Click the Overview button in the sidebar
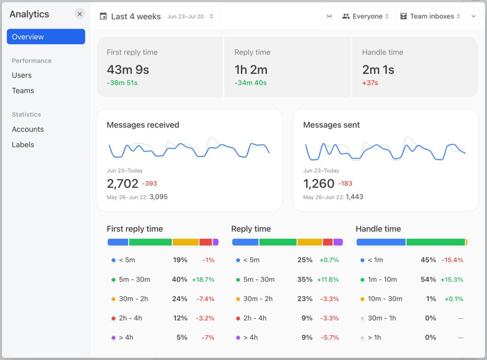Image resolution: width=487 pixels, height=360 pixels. click(x=46, y=37)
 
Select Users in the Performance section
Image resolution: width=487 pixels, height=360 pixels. click(x=22, y=75)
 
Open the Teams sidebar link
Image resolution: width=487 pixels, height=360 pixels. click(x=23, y=91)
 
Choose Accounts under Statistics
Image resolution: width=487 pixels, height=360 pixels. click(x=28, y=129)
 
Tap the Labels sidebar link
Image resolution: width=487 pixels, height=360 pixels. click(x=23, y=145)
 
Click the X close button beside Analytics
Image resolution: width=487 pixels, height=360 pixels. click(x=80, y=14)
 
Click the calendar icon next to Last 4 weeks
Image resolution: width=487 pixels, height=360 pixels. click(x=103, y=16)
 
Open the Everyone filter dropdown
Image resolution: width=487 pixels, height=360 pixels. click(x=365, y=16)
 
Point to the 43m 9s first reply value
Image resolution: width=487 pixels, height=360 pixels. click(x=128, y=69)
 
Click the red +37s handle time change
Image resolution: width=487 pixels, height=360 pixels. click(x=370, y=83)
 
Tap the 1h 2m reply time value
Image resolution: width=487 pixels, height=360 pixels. click(x=251, y=69)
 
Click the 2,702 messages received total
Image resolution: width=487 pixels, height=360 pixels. click(x=122, y=183)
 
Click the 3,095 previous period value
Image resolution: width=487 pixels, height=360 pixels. click(x=158, y=197)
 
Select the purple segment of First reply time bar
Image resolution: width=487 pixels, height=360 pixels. click(x=216, y=242)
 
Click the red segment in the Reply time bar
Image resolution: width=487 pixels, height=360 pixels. click(x=328, y=242)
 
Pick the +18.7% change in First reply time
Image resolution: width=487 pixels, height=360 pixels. click(x=203, y=279)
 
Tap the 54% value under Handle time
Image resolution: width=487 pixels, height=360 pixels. click(x=428, y=279)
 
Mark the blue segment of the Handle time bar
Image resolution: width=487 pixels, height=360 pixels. click(x=381, y=242)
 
